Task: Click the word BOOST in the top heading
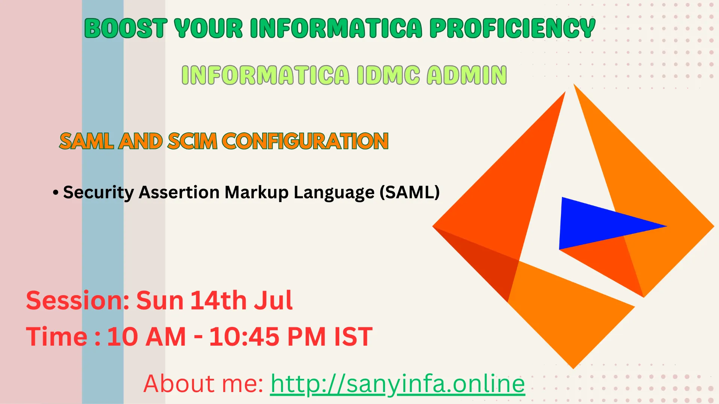[x=126, y=28]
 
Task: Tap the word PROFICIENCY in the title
[x=512, y=28]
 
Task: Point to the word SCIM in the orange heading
[x=192, y=141]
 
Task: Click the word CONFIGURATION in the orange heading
[x=305, y=141]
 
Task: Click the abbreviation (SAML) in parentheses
[x=409, y=193]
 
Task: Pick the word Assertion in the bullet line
[x=179, y=192]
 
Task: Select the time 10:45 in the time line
[x=244, y=337]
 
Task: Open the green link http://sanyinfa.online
[x=398, y=384]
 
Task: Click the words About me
[x=203, y=383]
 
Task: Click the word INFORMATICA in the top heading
[x=336, y=28]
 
